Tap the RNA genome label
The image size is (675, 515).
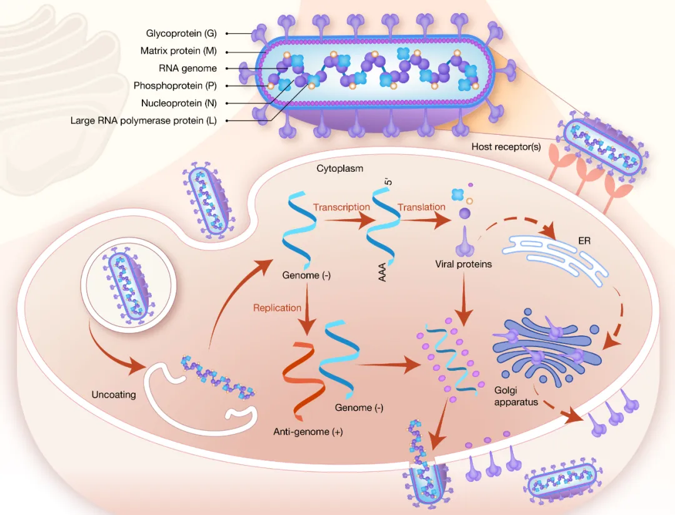pyautogui.click(x=187, y=68)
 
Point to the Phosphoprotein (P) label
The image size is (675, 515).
pyautogui.click(x=175, y=86)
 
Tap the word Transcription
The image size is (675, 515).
pyautogui.click(x=341, y=207)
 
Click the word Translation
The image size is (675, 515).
pyautogui.click(x=421, y=207)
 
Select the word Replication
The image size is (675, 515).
pyautogui.click(x=277, y=308)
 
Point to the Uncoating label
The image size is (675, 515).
pyautogui.click(x=114, y=395)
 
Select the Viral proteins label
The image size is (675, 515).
pyautogui.click(x=463, y=264)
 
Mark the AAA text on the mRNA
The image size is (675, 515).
pyautogui.click(x=382, y=272)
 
